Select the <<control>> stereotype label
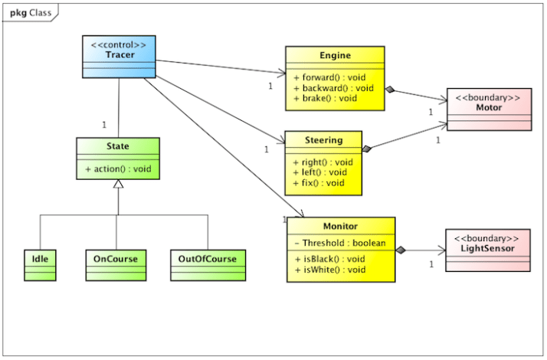(118, 44)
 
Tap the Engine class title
(335, 56)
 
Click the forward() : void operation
(330, 77)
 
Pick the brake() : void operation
(325, 98)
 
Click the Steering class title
(324, 140)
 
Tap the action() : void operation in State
(118, 168)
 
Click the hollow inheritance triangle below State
(117, 185)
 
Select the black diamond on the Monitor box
(401, 249)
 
